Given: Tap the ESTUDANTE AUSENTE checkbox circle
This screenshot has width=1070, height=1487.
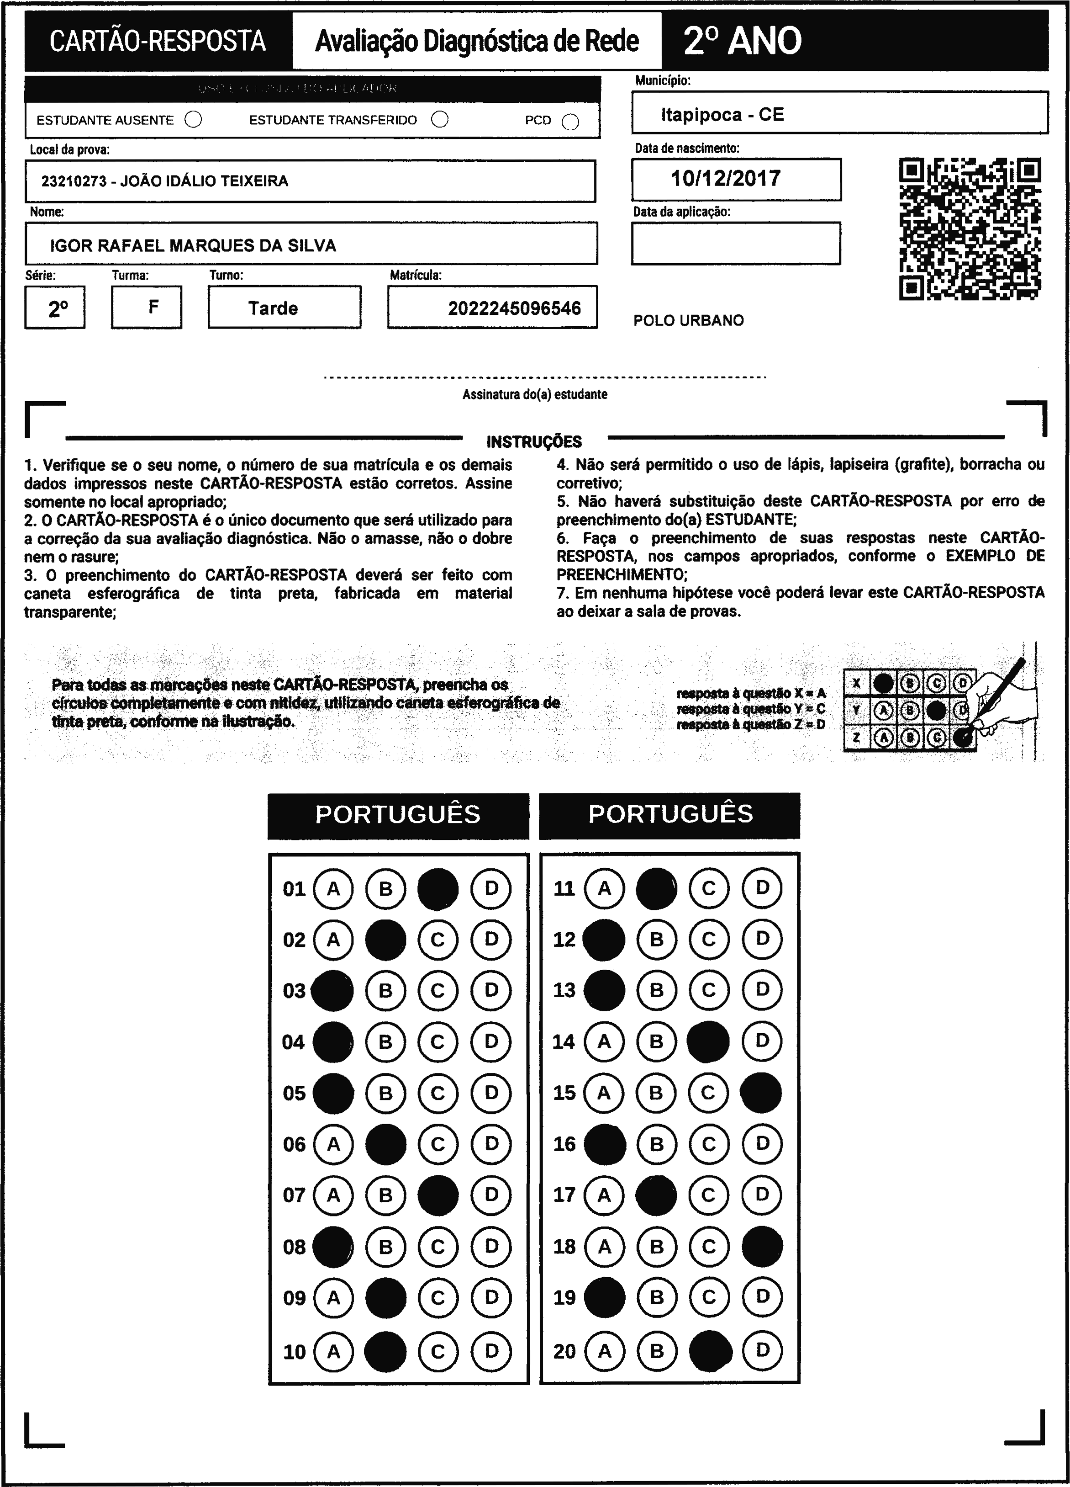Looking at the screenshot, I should pyautogui.click(x=193, y=120).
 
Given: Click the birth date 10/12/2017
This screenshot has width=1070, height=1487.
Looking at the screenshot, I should pyautogui.click(x=725, y=178).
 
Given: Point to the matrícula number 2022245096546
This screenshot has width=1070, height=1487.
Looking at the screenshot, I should pyautogui.click(x=514, y=308).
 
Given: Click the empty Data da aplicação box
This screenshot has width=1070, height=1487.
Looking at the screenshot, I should pyautogui.click(x=735, y=243).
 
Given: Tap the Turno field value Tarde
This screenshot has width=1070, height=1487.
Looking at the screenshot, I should pyautogui.click(x=273, y=308).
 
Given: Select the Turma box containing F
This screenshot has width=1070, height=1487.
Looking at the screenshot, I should pyautogui.click(x=147, y=307).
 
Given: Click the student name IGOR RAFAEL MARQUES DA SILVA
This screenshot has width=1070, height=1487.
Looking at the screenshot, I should pyautogui.click(x=193, y=245).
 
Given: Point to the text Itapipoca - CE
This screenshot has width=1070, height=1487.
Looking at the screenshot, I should pyautogui.click(x=722, y=115).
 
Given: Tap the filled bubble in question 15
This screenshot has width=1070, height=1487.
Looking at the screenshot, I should pyautogui.click(x=761, y=1093).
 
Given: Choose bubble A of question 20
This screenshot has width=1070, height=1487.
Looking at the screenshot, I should pyautogui.click(x=604, y=1351).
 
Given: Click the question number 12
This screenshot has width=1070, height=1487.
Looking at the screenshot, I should pyautogui.click(x=564, y=940).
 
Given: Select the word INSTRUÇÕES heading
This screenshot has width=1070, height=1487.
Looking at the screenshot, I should pyautogui.click(x=534, y=442).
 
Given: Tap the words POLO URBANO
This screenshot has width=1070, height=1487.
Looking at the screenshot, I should pyautogui.click(x=689, y=321).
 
